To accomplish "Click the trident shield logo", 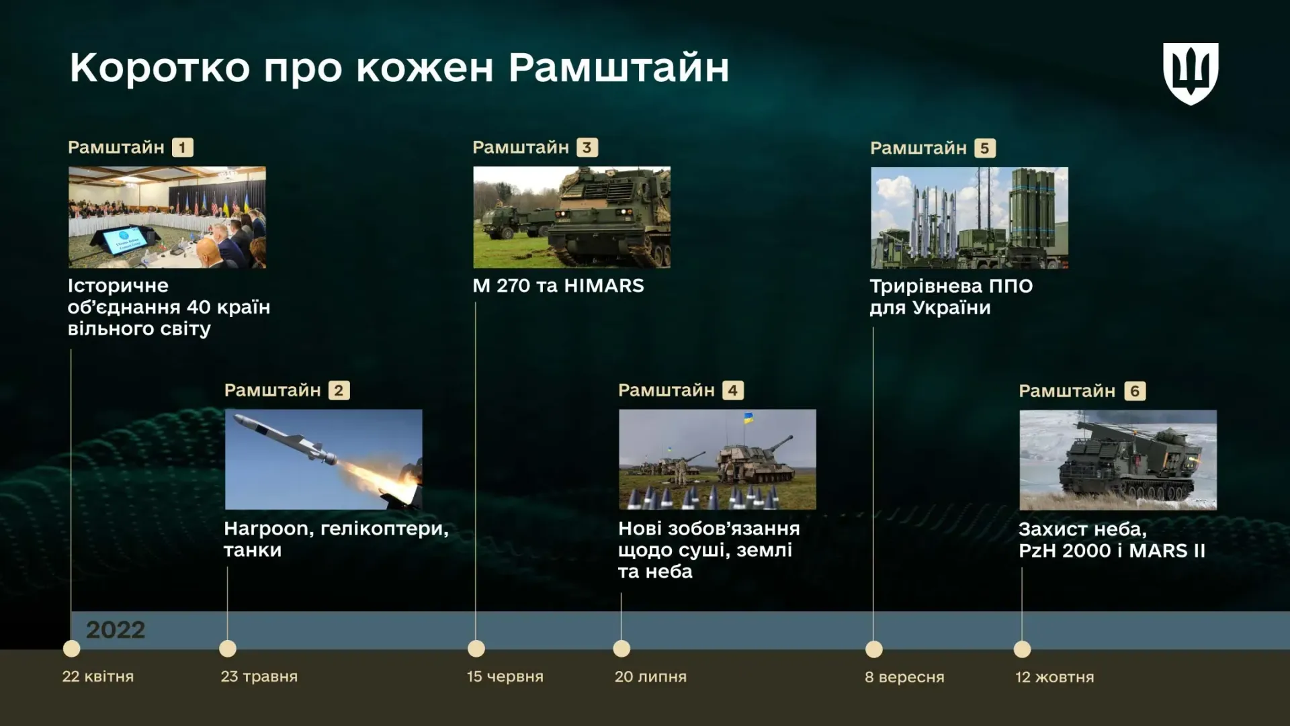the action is tap(1191, 74).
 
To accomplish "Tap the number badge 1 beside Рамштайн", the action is tap(182, 147).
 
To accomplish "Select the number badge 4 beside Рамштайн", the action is tap(732, 390).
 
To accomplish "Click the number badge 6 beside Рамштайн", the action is tap(1135, 391).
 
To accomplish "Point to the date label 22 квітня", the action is tap(98, 676).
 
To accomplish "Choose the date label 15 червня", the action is tap(505, 676).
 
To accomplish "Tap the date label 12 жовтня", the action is tap(1055, 677).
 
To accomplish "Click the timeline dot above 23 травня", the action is tap(228, 649).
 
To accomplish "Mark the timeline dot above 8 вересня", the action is tap(874, 649).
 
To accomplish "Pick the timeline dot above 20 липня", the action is tap(621, 649).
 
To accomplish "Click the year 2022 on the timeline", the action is tap(116, 630).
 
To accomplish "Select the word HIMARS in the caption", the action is tap(604, 285).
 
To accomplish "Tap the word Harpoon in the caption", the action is tap(269, 529).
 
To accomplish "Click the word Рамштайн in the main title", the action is tap(619, 68).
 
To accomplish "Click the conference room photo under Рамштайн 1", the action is tap(167, 218).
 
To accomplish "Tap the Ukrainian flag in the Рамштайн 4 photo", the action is tap(748, 418).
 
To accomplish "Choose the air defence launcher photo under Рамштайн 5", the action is tap(970, 218).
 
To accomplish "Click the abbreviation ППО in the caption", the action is tap(1011, 286).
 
